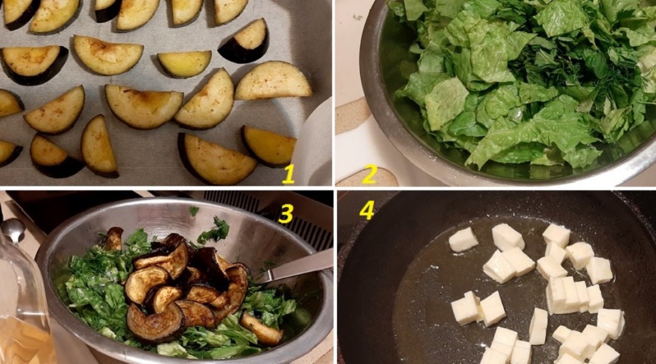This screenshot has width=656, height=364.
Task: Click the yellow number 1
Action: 289,174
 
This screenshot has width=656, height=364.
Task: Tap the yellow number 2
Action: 370,174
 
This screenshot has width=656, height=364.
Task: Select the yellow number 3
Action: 285,214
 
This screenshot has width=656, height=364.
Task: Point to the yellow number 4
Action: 366,211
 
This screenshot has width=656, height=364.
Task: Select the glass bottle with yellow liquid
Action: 23,309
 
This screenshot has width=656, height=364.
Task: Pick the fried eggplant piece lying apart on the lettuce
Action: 261,328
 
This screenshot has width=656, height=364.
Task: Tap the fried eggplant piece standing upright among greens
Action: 113,238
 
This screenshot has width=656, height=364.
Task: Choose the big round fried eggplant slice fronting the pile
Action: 155,322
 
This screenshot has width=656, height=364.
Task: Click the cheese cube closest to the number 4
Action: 463,240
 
